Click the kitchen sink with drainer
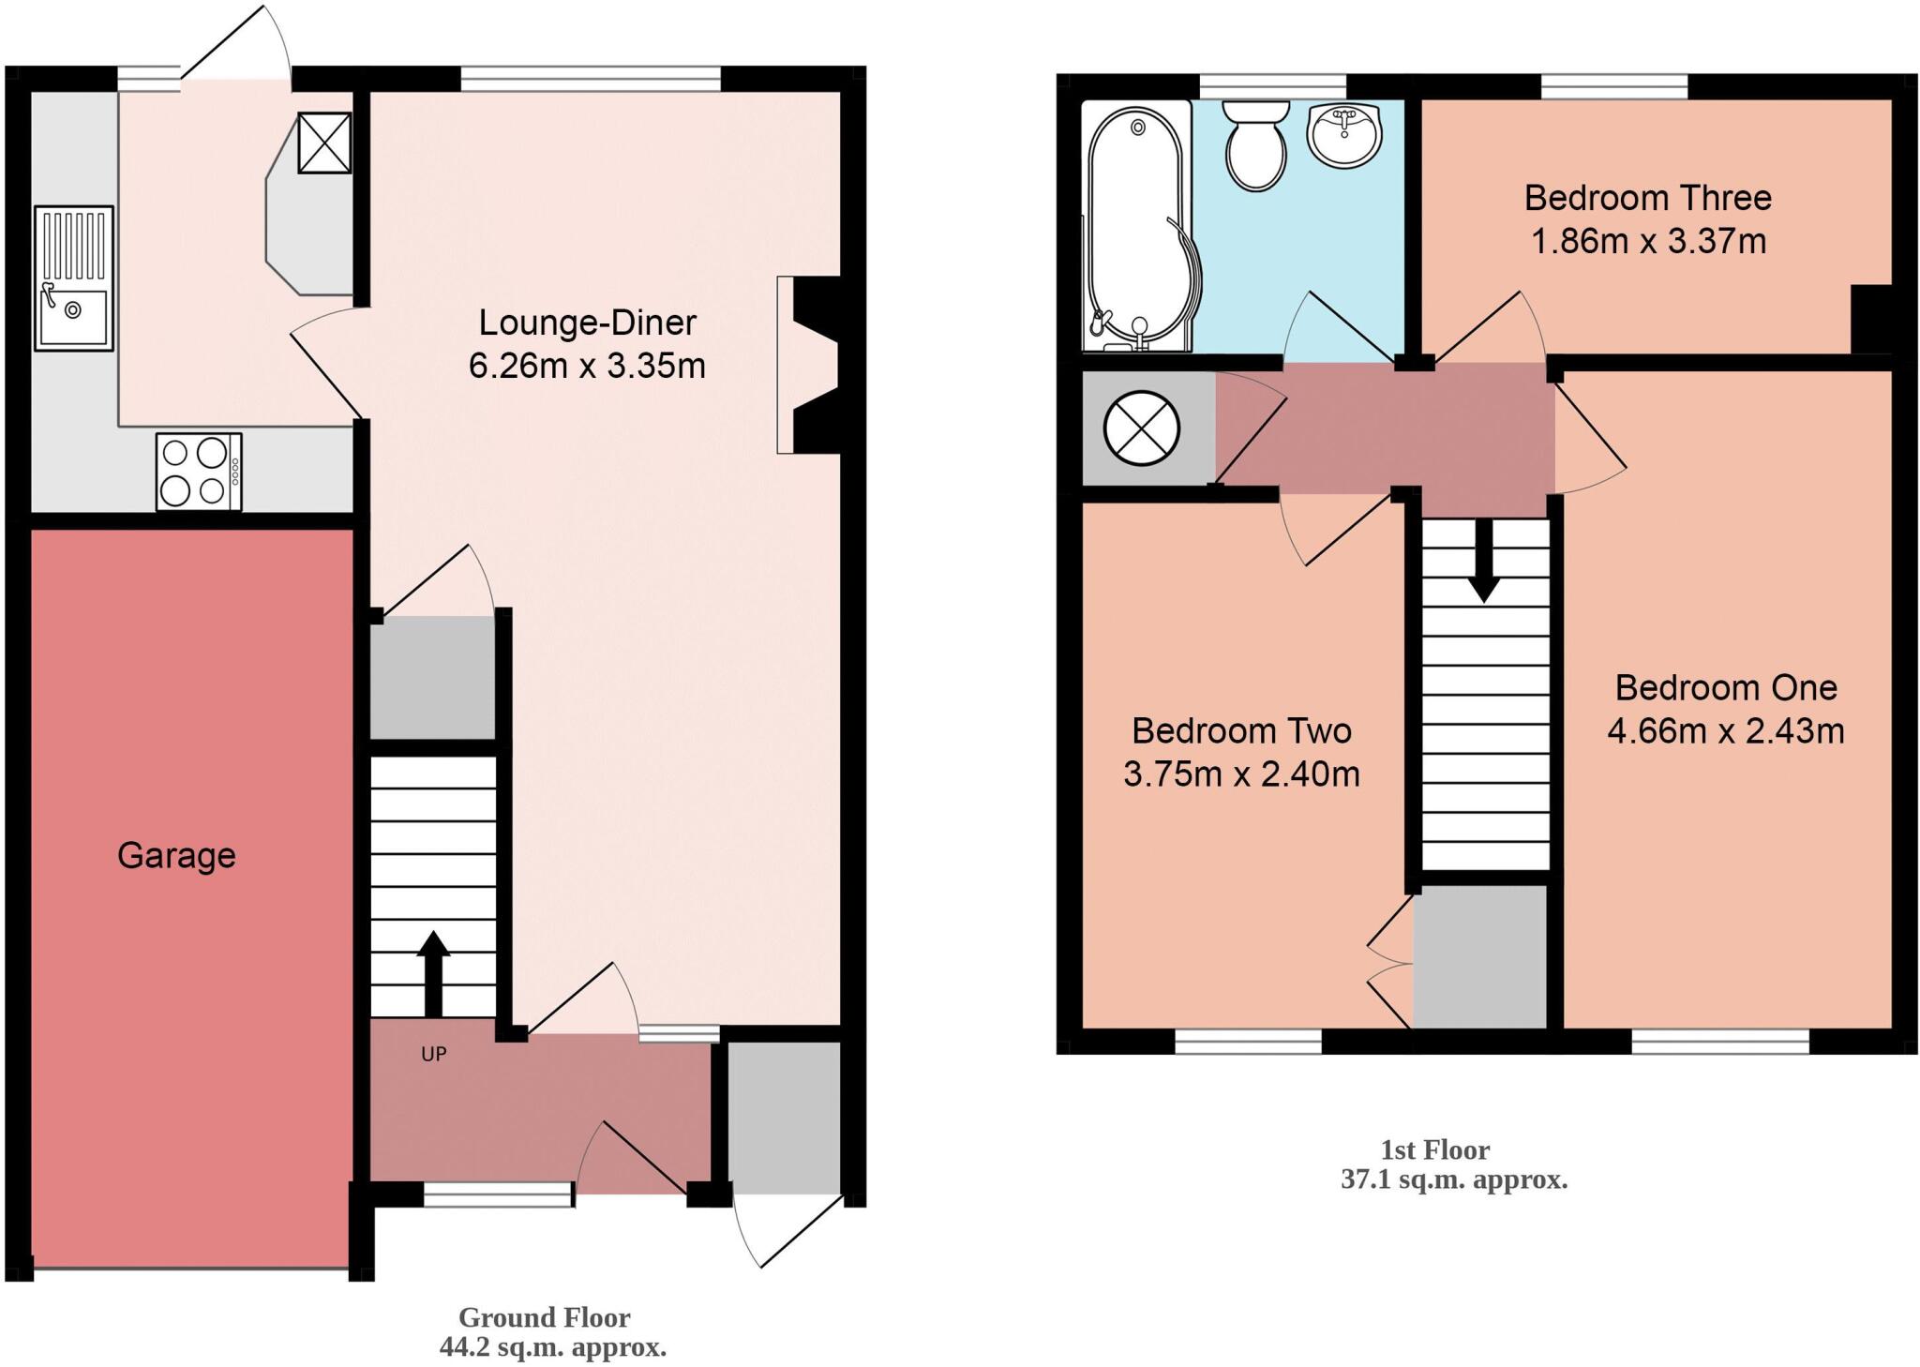[x=74, y=278]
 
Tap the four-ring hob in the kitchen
[x=198, y=472]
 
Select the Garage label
[x=176, y=855]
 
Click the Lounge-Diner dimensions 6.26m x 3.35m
[x=587, y=366]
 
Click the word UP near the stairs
[x=433, y=1054]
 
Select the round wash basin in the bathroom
[x=1344, y=133]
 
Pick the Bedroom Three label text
[x=1647, y=198]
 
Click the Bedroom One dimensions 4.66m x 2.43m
[x=1725, y=730]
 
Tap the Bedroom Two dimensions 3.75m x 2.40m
[x=1241, y=774]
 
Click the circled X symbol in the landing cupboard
[x=1141, y=429]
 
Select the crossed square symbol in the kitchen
[x=324, y=143]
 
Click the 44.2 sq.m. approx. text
[x=553, y=1347]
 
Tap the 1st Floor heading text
[x=1434, y=1149]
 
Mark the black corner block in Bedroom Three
[x=1871, y=319]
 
